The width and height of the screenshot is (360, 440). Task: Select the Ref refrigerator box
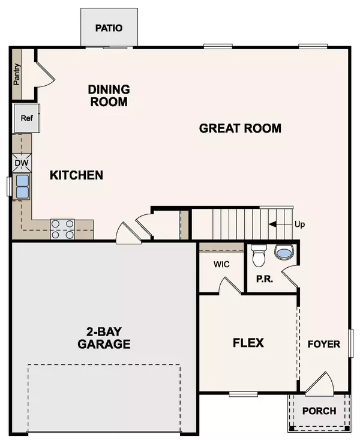[x=26, y=118]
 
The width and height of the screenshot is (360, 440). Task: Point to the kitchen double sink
[x=22, y=186]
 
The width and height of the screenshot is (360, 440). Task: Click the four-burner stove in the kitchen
[x=62, y=229]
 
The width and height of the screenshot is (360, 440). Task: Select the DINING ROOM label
[x=109, y=95]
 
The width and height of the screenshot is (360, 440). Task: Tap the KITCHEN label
[x=76, y=175]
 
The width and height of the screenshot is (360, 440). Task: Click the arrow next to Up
[x=278, y=225]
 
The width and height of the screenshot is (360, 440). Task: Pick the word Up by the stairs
[x=299, y=225]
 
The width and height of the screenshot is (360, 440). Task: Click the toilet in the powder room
[x=259, y=255]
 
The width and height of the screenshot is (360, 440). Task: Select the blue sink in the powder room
[x=283, y=253]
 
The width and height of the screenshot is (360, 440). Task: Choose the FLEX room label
[x=248, y=343]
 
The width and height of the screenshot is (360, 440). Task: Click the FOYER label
[x=324, y=344]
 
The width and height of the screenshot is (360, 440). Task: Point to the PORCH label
[x=319, y=411]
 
